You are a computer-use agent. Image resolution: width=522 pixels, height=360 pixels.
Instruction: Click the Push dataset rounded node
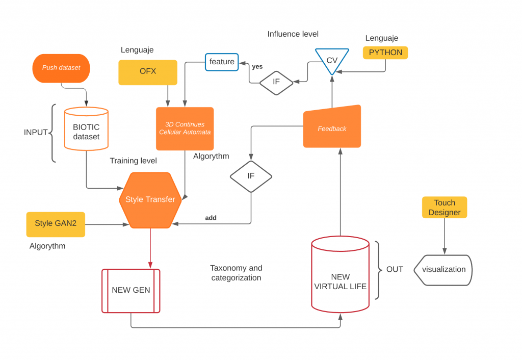(x=61, y=68)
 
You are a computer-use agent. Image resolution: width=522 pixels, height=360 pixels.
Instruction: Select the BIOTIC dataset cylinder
(x=86, y=128)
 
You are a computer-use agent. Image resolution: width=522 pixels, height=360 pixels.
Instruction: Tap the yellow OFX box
(x=148, y=72)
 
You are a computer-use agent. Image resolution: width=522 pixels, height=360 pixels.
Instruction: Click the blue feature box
(x=222, y=62)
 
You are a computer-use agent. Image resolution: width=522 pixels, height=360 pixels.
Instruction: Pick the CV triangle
(x=332, y=60)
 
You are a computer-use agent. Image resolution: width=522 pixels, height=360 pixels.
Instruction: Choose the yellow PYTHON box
(x=385, y=53)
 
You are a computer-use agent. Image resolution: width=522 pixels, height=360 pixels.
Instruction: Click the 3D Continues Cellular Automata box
(x=185, y=128)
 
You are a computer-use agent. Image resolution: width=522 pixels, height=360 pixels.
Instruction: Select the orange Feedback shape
(x=332, y=126)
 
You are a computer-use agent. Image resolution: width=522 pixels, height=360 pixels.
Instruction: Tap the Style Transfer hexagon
(x=150, y=200)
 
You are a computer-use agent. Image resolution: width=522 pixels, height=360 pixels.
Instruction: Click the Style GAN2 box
(x=56, y=224)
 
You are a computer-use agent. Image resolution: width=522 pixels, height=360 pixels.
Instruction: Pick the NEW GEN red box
(x=131, y=291)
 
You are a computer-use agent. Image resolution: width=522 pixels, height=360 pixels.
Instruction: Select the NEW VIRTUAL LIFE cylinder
(x=340, y=274)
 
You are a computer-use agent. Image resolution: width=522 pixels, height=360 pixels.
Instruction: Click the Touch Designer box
(x=445, y=208)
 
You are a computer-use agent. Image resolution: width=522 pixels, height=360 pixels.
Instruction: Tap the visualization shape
(x=443, y=270)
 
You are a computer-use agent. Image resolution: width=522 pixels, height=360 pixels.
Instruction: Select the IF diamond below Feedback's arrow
(x=251, y=176)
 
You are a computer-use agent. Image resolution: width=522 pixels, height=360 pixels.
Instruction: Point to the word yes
(x=257, y=67)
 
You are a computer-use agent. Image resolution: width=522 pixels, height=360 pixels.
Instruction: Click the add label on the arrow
(x=211, y=218)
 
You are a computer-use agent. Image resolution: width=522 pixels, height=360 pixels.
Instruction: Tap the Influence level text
(x=293, y=34)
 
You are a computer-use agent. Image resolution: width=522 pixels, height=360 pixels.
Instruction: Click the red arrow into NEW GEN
(x=150, y=248)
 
